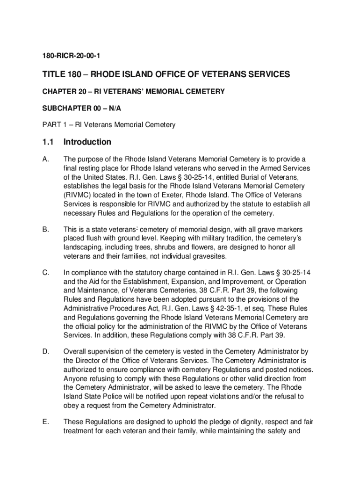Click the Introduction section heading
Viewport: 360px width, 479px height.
pyautogui.click(x=87, y=142)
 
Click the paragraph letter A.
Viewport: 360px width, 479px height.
pyautogui.click(x=45, y=160)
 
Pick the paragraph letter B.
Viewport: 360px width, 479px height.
pyautogui.click(x=45, y=230)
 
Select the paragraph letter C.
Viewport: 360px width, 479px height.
pyautogui.click(x=45, y=273)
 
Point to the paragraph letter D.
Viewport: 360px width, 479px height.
pyautogui.click(x=45, y=351)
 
